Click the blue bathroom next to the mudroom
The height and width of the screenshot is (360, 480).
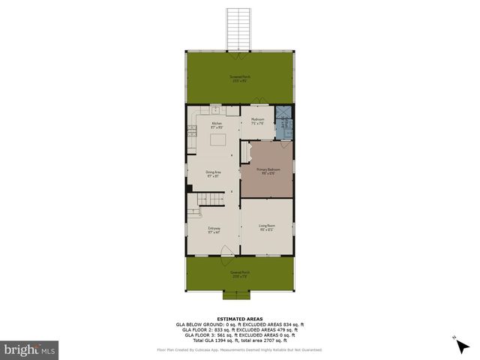(x=284, y=122)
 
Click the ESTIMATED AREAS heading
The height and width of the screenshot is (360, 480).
(x=239, y=318)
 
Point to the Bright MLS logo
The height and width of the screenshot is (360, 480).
(x=30, y=349)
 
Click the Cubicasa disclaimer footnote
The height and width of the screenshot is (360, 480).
(x=239, y=349)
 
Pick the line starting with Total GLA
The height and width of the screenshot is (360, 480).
(x=239, y=340)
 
